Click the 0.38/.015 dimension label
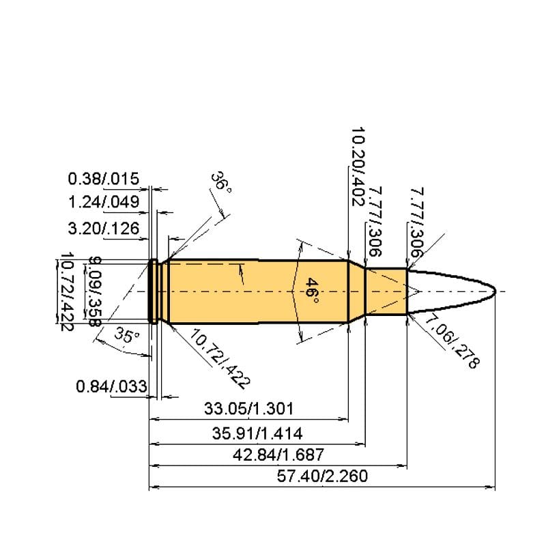(104, 179)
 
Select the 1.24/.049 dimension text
(104, 202)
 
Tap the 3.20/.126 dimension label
(104, 229)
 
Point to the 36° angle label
(220, 184)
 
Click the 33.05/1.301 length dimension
(249, 409)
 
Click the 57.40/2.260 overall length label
(323, 476)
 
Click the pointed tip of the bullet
(495, 291)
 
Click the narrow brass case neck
(386, 291)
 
